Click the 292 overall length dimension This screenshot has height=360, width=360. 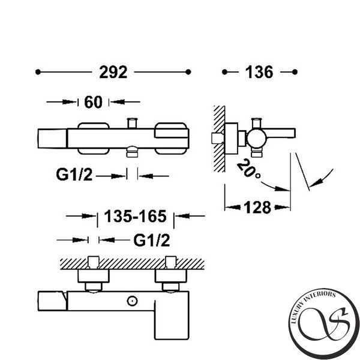click(x=113, y=72)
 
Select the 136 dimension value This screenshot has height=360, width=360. click(x=259, y=72)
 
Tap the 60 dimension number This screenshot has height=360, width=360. click(x=93, y=102)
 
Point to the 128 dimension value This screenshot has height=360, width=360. click(x=257, y=208)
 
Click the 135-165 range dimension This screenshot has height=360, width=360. click(x=135, y=216)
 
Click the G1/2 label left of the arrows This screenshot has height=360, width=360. click(x=74, y=175)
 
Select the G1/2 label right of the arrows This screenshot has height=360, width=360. click(x=152, y=240)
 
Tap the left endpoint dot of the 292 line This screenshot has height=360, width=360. click(x=38, y=72)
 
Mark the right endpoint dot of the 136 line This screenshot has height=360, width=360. click(x=295, y=72)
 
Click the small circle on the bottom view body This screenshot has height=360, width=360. click(x=132, y=301)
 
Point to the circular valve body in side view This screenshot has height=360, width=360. click(x=256, y=139)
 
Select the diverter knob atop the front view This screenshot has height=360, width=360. click(x=133, y=123)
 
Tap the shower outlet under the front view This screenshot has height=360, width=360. click(x=132, y=152)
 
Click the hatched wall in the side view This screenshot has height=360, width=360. click(x=219, y=139)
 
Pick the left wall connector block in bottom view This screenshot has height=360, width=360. click(x=94, y=276)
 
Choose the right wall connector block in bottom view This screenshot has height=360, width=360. click(x=170, y=276)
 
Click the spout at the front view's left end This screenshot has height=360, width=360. click(x=52, y=139)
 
